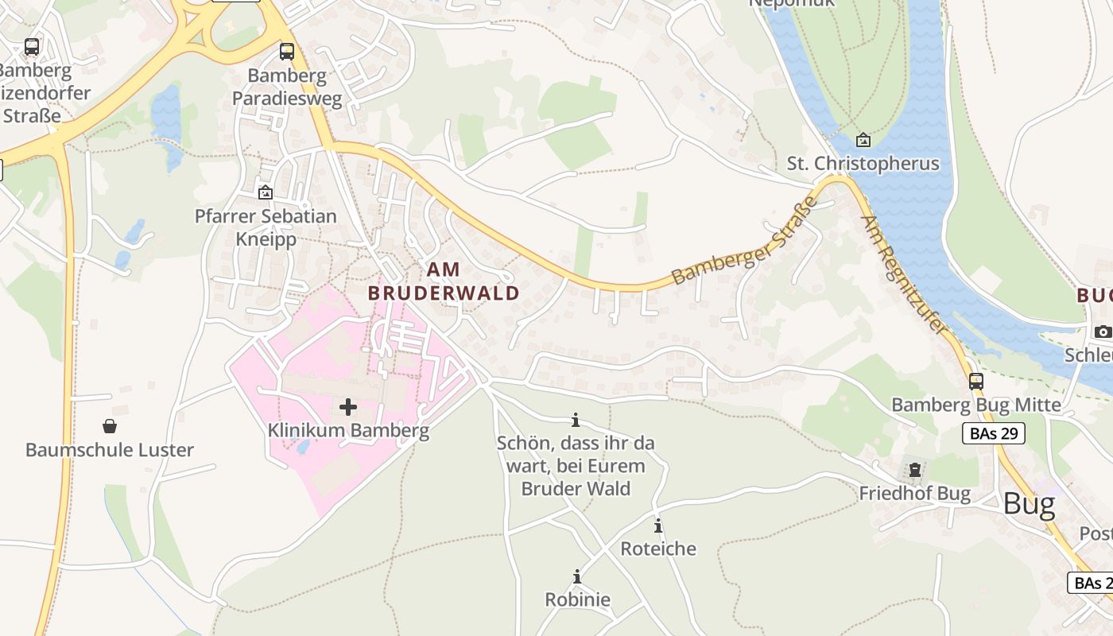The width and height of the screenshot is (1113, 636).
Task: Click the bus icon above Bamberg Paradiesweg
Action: pyautogui.click(x=286, y=52)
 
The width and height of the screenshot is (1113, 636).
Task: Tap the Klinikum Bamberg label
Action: pyautogui.click(x=348, y=431)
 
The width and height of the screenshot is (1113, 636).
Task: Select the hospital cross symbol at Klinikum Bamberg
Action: pyautogui.click(x=348, y=407)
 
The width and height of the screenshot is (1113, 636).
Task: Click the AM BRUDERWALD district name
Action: pyautogui.click(x=444, y=281)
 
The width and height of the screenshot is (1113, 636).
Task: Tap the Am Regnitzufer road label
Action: pyautogui.click(x=906, y=274)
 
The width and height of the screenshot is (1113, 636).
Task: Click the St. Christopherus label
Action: pyautogui.click(x=863, y=164)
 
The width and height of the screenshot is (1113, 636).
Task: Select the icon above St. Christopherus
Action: pyautogui.click(x=863, y=141)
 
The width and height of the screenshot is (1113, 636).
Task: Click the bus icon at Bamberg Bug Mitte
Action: pyautogui.click(x=976, y=382)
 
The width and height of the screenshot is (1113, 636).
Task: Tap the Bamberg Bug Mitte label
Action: pyautogui.click(x=975, y=405)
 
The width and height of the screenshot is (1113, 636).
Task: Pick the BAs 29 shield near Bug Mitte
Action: pyautogui.click(x=993, y=433)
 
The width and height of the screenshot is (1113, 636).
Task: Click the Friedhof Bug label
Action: pyautogui.click(x=914, y=494)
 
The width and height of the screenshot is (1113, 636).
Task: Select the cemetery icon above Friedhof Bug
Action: pyautogui.click(x=914, y=470)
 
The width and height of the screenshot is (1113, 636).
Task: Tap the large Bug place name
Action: pyautogui.click(x=1029, y=504)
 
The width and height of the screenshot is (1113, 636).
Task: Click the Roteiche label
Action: pyautogui.click(x=657, y=549)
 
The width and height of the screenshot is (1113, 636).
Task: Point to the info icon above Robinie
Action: pyautogui.click(x=576, y=576)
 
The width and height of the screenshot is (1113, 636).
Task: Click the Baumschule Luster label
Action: pyautogui.click(x=110, y=450)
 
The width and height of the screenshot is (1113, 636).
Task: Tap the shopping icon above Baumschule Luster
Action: pyautogui.click(x=110, y=427)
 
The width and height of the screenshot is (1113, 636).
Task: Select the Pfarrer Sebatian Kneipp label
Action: pyautogui.click(x=266, y=227)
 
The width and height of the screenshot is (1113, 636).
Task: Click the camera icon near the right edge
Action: pyautogui.click(x=1102, y=332)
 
